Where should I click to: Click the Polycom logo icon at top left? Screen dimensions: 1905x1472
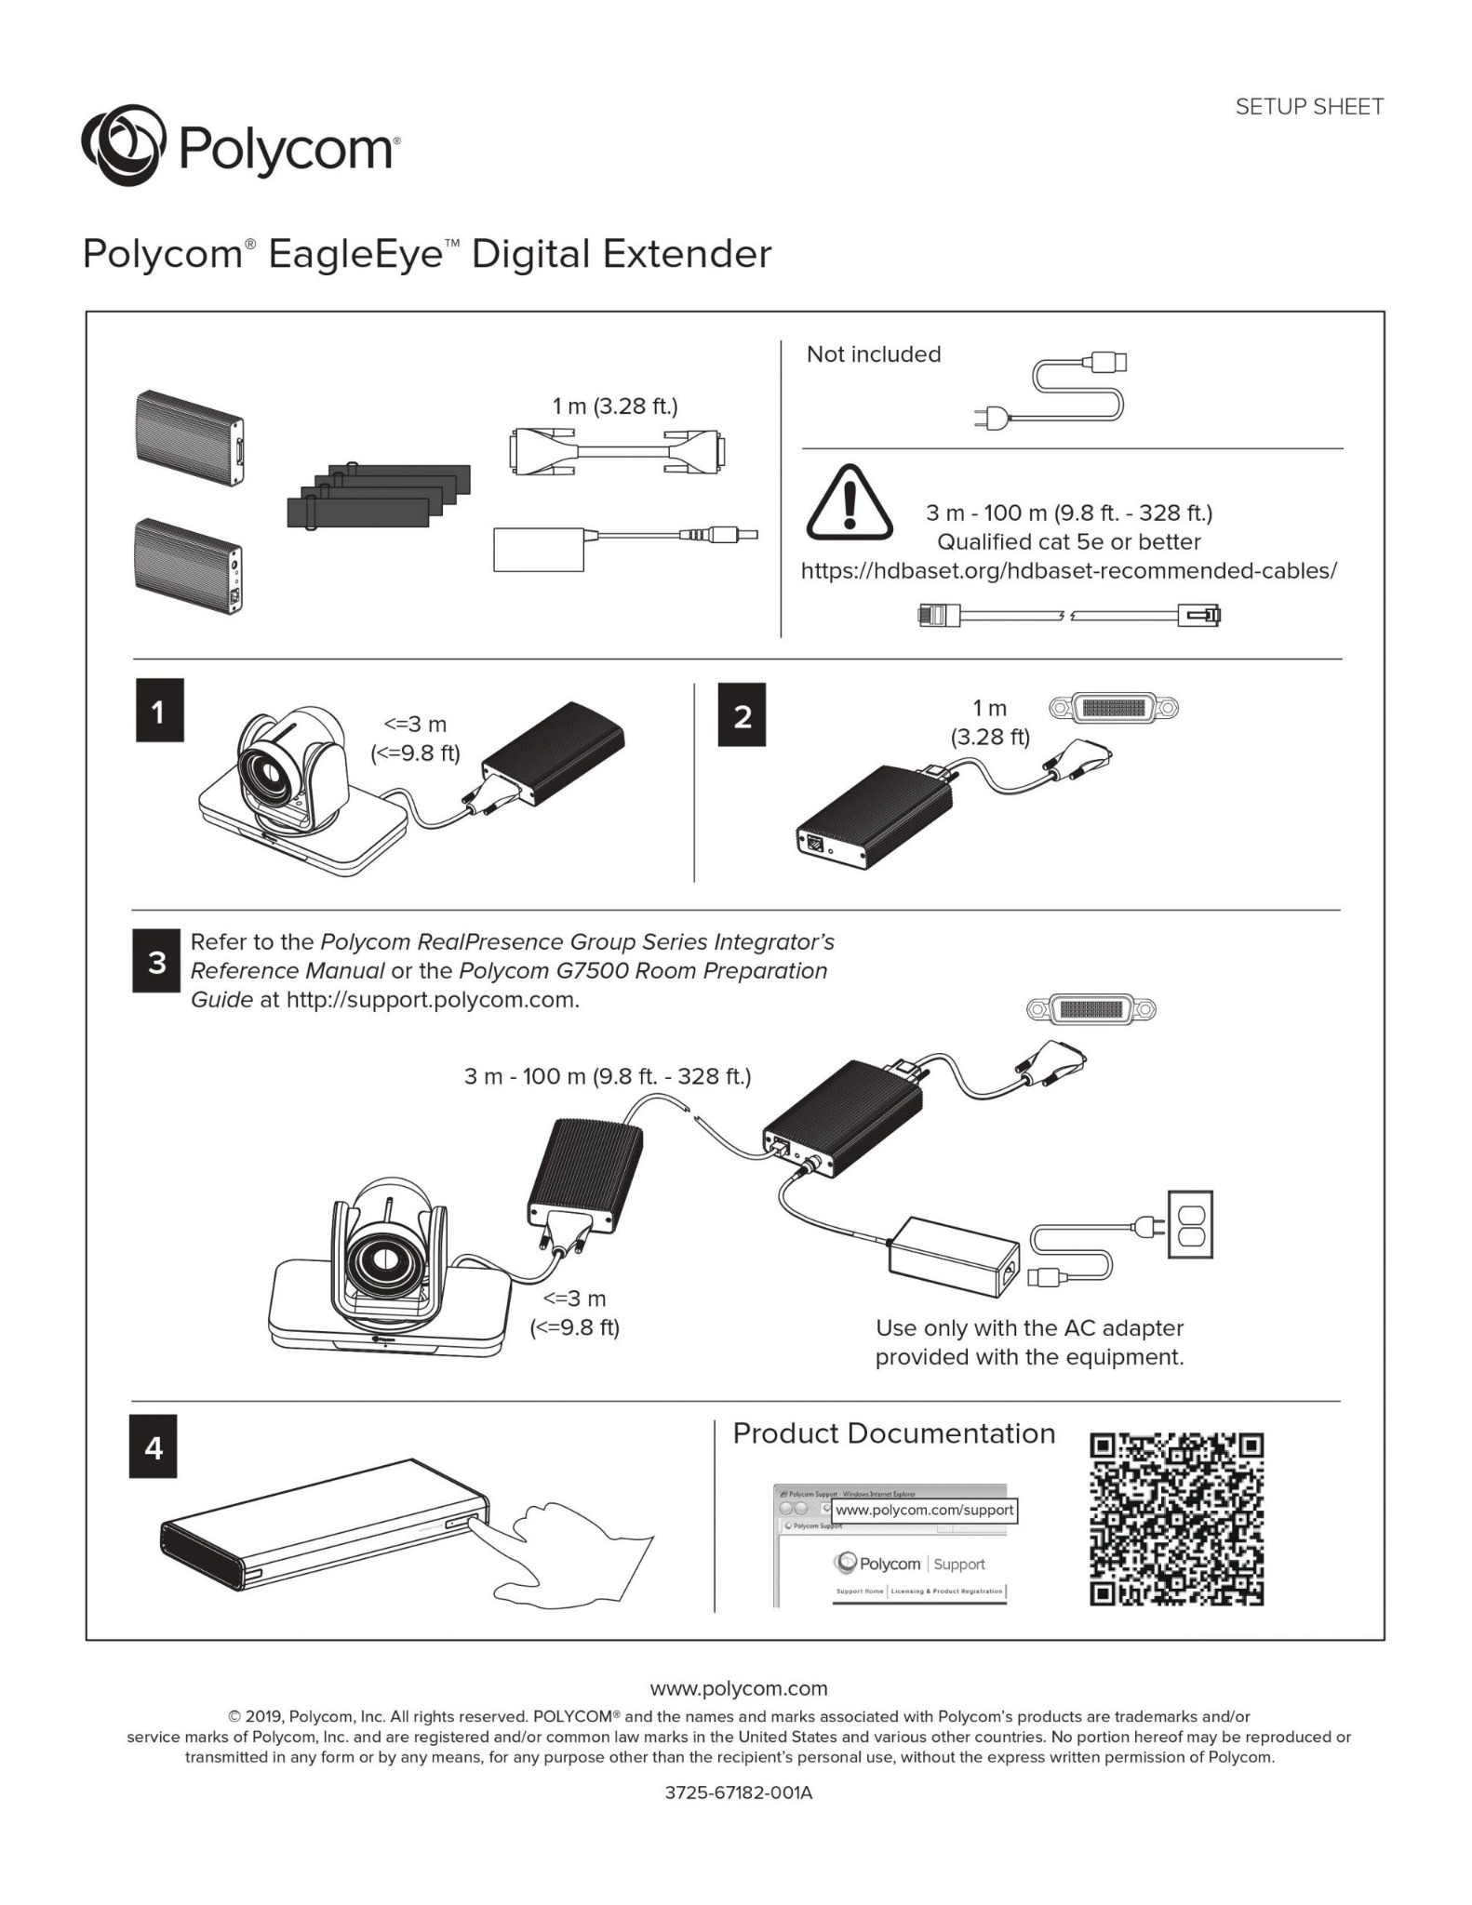123,147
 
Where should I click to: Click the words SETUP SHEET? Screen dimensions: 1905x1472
1308,107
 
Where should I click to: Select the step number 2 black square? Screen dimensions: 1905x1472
742,715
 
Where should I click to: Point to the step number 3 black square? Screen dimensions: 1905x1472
155,961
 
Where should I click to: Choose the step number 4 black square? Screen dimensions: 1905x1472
154,1447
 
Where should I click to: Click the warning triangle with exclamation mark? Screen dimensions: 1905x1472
848,503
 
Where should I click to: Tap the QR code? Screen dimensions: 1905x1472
1176,1520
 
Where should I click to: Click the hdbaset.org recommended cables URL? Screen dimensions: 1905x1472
1068,571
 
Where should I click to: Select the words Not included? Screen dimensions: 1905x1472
873,354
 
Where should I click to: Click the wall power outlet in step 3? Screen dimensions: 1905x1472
1190,1224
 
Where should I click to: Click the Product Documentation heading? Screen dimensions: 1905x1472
893,1433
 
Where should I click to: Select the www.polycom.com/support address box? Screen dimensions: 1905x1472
923,1510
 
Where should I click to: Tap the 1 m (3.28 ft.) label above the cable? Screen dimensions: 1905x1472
615,406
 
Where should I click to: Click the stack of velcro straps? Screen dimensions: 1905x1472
377,496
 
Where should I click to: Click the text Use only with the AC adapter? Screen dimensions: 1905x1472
1029,1328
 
